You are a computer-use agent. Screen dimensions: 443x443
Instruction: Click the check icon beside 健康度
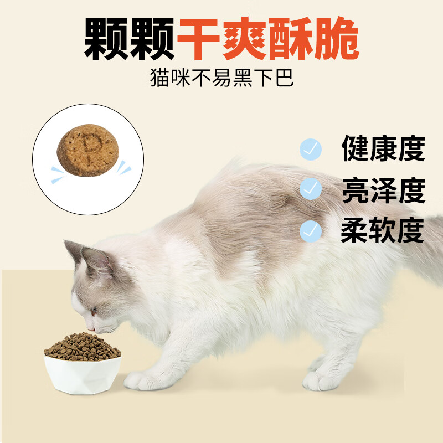311,148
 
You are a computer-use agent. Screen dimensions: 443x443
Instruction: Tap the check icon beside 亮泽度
311,189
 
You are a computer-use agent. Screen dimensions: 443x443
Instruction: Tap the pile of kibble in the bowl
83,346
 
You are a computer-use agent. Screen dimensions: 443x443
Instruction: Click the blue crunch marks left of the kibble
56,174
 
